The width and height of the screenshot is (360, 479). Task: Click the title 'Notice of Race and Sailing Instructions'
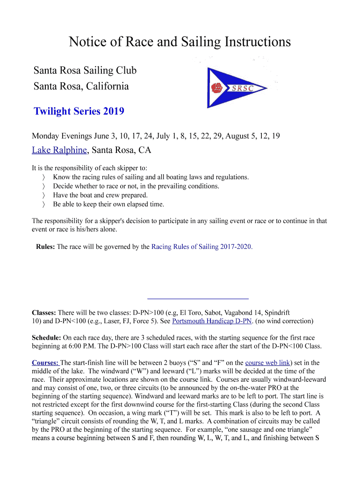[x=180, y=42]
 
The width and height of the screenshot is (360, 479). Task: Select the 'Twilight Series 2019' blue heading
[x=79, y=111]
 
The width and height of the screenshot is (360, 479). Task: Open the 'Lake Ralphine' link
[x=59, y=150]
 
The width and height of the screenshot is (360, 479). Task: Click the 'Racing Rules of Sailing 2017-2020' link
[x=202, y=247]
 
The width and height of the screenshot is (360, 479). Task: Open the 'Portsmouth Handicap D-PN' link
[x=212, y=321]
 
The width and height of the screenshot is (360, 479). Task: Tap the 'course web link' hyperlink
[x=268, y=362]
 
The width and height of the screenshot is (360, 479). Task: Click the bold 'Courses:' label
[x=45, y=362]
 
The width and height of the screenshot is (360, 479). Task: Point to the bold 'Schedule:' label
[x=46, y=337]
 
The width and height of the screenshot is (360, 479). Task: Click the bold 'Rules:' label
[x=45, y=247]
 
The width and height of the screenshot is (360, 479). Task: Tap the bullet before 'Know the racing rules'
[x=43, y=177]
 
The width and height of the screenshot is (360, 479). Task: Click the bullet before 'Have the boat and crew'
[x=43, y=195]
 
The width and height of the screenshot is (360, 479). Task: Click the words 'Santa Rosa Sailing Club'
[x=85, y=71]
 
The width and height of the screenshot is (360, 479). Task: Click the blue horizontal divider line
[x=198, y=298]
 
